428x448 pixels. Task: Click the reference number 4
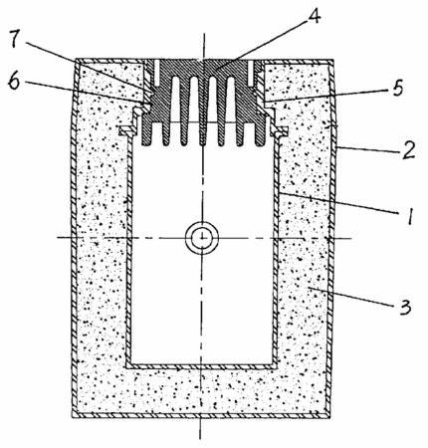[314, 16]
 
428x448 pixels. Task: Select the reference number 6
[15, 81]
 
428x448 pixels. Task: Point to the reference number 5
[398, 89]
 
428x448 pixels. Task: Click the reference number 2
[408, 150]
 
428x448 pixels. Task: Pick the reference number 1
[410, 216]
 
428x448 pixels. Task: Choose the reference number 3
[405, 307]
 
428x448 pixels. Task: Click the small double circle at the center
[202, 238]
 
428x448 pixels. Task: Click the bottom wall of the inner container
[201, 366]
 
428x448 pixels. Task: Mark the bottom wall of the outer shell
[201, 415]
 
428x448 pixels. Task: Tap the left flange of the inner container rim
[126, 131]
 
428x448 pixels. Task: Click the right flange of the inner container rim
[279, 131]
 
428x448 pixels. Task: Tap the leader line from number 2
[368, 149]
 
